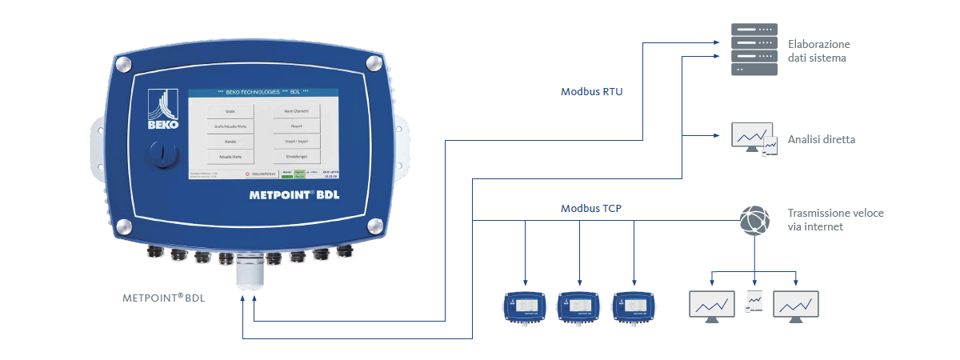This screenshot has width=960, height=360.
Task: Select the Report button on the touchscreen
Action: (296, 126)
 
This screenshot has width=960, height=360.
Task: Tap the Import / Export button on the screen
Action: (296, 141)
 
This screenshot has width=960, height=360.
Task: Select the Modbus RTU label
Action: (591, 92)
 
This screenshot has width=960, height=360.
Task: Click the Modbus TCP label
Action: (591, 209)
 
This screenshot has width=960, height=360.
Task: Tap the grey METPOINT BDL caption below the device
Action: (163, 298)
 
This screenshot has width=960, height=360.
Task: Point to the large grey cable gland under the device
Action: (250, 273)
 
